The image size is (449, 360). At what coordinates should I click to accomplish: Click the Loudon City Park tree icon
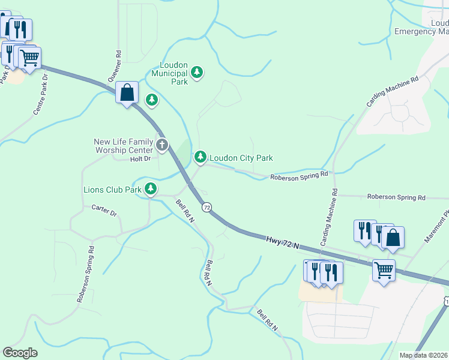point(200,158)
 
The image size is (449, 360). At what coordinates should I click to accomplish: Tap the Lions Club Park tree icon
point(150,190)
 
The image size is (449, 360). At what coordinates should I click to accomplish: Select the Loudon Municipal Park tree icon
point(197,73)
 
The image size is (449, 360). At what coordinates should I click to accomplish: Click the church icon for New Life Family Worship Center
point(162,145)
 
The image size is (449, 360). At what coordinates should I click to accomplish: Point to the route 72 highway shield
point(206,207)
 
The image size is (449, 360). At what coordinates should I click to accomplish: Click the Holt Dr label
point(139,159)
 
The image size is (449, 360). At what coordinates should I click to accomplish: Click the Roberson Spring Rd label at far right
point(396,197)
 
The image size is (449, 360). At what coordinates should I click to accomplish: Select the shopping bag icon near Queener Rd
point(127,92)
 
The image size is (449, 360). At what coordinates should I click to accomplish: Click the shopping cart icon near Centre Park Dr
point(29,58)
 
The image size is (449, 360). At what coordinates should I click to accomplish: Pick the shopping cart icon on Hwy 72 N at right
point(384,269)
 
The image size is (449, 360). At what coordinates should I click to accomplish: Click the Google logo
point(20,353)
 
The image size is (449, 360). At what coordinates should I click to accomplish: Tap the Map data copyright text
point(424,355)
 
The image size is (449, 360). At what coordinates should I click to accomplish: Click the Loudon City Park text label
point(241,158)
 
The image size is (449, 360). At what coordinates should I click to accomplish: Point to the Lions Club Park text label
point(112,190)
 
